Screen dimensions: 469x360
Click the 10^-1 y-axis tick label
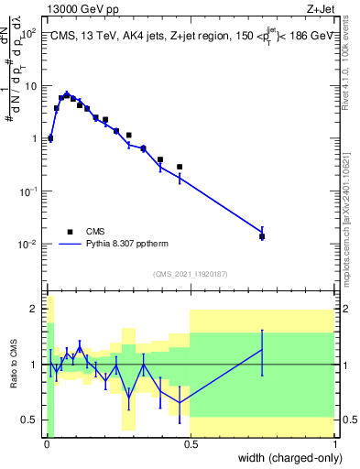coord(27,191)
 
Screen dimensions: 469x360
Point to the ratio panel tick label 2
coord(34,309)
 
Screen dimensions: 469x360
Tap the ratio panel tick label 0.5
coord(30,420)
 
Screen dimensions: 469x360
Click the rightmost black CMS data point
coord(262,236)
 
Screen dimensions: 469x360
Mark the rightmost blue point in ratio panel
coord(262,349)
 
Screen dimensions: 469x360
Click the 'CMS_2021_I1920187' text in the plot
coord(190,274)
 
